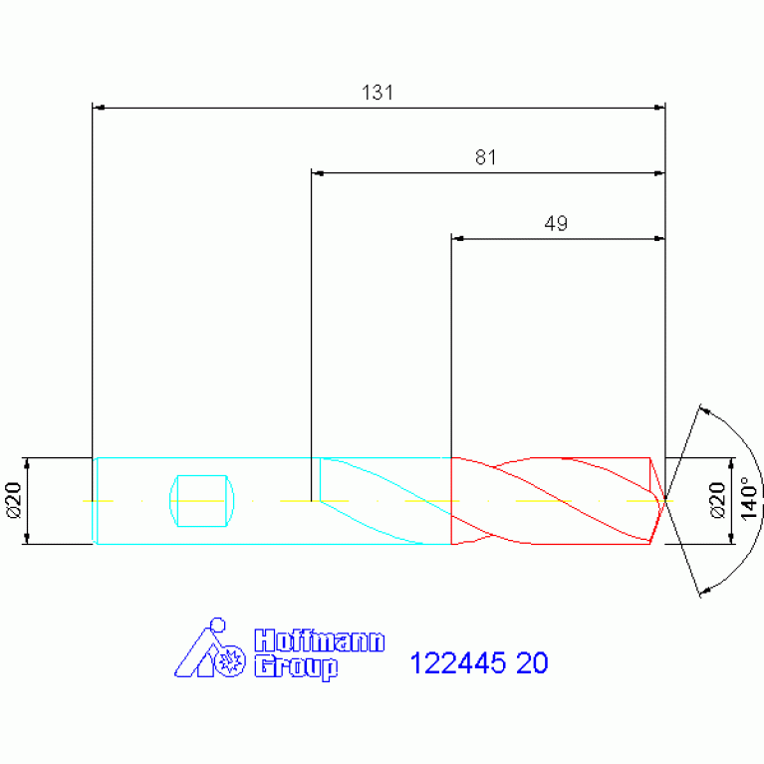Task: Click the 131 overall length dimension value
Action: [x=378, y=92]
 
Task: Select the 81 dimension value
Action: [x=486, y=157]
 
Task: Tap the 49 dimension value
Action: [x=556, y=223]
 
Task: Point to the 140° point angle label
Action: [x=749, y=498]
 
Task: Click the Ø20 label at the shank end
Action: [x=14, y=500]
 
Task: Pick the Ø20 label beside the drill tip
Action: [x=717, y=500]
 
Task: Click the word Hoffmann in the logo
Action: [x=320, y=640]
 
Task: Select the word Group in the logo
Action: [x=296, y=666]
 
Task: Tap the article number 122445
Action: [x=458, y=663]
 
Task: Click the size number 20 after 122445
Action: [x=532, y=663]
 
